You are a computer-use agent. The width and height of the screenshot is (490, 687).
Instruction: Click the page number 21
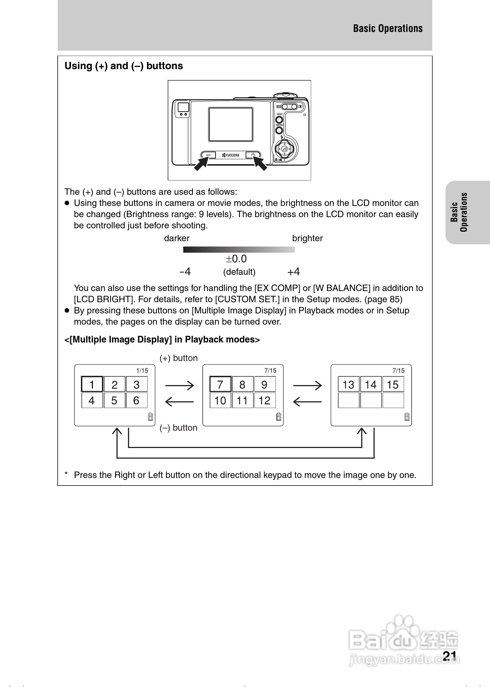click(450, 656)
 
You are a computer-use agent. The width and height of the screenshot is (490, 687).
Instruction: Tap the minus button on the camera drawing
click(209, 155)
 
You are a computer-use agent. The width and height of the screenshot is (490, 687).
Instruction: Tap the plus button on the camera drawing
click(253, 155)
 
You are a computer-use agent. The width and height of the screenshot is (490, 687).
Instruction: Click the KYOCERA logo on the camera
click(231, 155)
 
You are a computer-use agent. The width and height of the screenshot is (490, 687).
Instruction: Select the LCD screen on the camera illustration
click(230, 124)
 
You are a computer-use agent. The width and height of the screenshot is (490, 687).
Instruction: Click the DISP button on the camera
click(279, 119)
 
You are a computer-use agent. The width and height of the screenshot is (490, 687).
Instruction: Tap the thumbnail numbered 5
click(114, 400)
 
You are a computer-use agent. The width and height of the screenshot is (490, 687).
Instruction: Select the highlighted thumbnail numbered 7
click(220, 384)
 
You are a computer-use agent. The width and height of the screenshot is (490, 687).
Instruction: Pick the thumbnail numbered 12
click(265, 400)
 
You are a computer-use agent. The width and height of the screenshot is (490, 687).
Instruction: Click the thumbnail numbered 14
click(371, 384)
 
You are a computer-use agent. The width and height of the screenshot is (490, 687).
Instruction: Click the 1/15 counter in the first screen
click(142, 370)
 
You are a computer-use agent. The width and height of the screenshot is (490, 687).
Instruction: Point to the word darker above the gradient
click(177, 238)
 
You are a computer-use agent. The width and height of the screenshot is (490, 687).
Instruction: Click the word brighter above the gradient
click(307, 238)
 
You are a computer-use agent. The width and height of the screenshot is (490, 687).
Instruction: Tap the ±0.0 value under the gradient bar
click(236, 259)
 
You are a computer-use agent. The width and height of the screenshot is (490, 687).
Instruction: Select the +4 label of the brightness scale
click(293, 271)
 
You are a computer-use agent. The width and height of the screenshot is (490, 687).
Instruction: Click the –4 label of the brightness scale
click(185, 271)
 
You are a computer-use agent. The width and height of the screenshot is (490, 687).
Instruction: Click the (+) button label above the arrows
click(179, 358)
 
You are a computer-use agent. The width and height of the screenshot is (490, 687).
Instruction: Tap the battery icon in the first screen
click(151, 416)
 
